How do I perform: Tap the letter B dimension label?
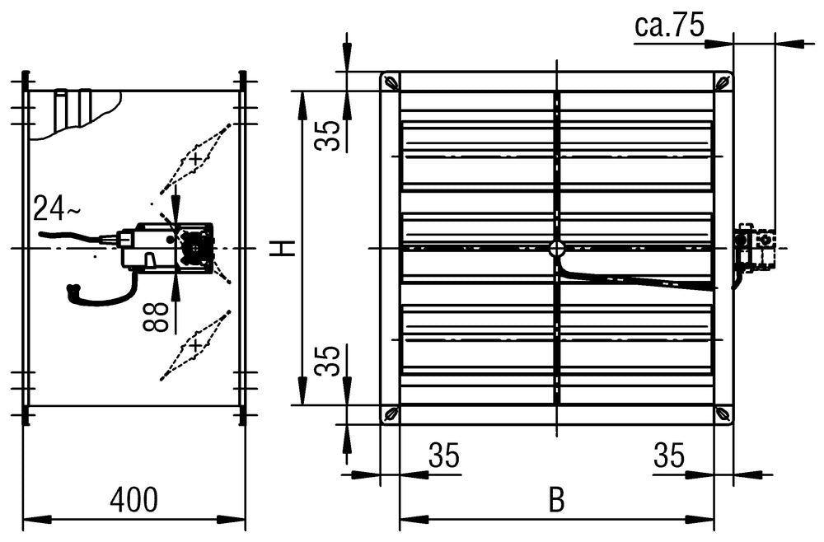(x=557, y=501)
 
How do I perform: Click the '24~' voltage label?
(x=57, y=210)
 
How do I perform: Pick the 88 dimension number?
(x=160, y=316)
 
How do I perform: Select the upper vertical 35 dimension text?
(x=329, y=135)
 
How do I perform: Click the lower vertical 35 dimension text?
(x=329, y=360)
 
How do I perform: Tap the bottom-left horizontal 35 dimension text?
(x=443, y=456)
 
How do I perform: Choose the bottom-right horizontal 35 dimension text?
(x=669, y=456)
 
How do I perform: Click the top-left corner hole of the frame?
(x=391, y=82)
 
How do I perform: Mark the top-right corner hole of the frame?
(x=723, y=82)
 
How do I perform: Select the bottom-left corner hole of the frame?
(x=391, y=414)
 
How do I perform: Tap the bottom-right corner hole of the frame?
(x=723, y=414)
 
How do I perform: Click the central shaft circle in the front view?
(x=557, y=248)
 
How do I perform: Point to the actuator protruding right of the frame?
(x=755, y=247)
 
